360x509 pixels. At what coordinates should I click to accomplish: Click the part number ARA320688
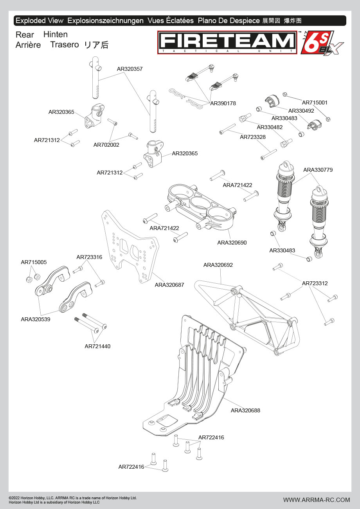tap(245, 410)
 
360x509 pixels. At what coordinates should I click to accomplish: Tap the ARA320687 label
tap(169, 285)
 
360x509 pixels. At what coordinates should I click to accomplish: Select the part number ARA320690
tap(232, 243)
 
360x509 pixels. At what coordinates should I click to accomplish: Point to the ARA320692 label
tap(218, 265)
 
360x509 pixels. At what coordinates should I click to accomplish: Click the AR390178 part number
tap(223, 103)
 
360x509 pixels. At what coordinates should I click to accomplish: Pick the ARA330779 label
tap(318, 170)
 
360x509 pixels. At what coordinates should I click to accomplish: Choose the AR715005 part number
tap(34, 262)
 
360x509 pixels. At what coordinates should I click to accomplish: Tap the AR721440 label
tap(97, 346)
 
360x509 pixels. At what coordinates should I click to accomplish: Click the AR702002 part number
tap(106, 145)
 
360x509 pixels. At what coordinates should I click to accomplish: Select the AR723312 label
tap(315, 283)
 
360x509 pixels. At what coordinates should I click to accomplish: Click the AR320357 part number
tap(130, 69)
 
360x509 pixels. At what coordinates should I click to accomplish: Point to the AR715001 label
tap(315, 103)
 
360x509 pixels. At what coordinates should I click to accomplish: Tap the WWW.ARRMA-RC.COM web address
tap(317, 500)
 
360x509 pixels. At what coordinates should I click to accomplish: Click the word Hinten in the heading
tap(56, 34)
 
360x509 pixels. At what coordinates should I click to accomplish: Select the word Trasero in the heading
tap(65, 45)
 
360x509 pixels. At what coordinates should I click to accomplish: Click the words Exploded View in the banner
tap(39, 21)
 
